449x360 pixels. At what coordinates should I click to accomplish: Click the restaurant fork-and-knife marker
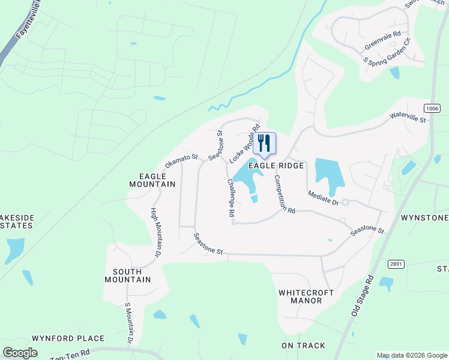(x=264, y=143)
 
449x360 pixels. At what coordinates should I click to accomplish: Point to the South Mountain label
(x=127, y=275)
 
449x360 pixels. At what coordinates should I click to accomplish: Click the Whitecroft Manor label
(x=301, y=296)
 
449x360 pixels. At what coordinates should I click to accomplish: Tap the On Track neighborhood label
(x=303, y=346)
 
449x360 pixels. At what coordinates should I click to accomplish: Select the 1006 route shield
(x=431, y=108)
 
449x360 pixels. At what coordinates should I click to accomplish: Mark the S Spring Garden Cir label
(x=386, y=53)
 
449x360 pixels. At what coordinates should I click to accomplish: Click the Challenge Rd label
(x=231, y=197)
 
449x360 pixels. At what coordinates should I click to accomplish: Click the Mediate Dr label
(x=324, y=197)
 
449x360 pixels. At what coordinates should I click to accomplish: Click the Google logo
(x=20, y=352)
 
